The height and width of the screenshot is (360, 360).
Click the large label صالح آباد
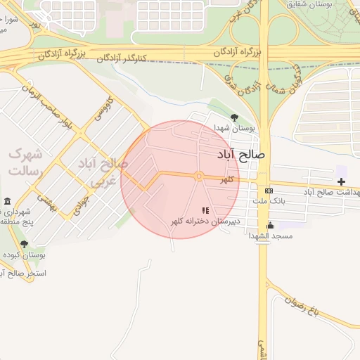pyautogui.click(x=241, y=154)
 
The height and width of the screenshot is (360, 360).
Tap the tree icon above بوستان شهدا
pyautogui.click(x=234, y=118)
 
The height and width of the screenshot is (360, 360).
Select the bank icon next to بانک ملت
pyautogui.click(x=269, y=191)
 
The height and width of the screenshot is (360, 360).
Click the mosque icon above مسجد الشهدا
pyautogui.click(x=270, y=225)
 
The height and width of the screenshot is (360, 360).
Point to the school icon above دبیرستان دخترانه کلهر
pyautogui.click(x=205, y=210)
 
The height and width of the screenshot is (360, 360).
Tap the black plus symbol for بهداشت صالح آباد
pyautogui.click(x=341, y=182)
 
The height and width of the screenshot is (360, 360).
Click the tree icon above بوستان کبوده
pyautogui.click(x=24, y=244)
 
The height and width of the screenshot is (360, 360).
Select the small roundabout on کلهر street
pyautogui.click(x=200, y=176)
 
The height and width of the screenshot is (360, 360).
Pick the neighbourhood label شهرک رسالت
pyautogui.click(x=25, y=162)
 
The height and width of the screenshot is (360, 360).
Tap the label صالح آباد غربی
pyautogui.click(x=105, y=173)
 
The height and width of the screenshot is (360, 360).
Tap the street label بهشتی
pyautogui.click(x=46, y=202)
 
